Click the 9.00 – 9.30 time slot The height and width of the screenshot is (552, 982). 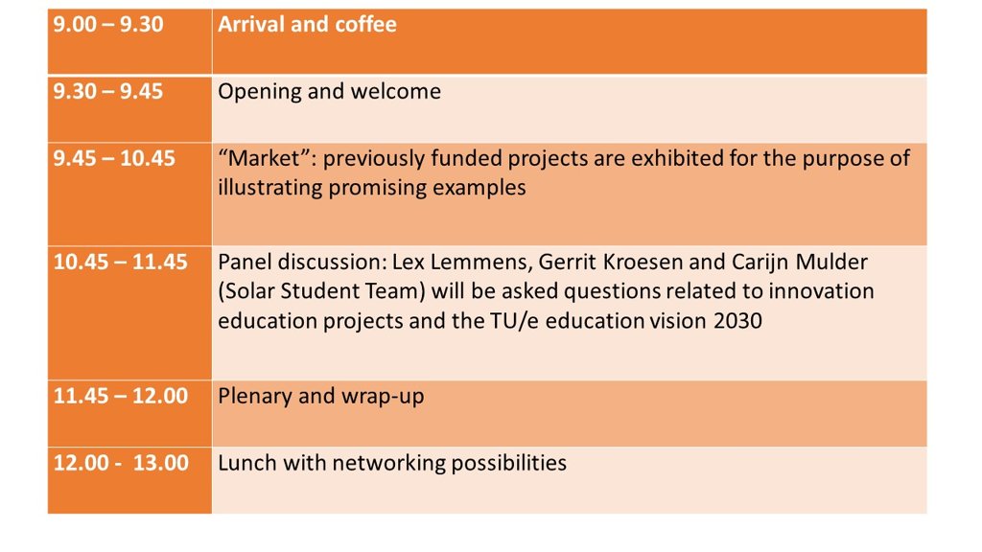pyautogui.click(x=107, y=24)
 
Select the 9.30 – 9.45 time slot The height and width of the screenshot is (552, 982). pyautogui.click(x=107, y=91)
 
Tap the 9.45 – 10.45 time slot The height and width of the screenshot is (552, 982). pyautogui.click(x=114, y=158)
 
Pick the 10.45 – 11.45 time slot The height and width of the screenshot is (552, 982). pyautogui.click(x=120, y=262)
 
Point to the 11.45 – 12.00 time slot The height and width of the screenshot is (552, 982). pyautogui.click(x=120, y=396)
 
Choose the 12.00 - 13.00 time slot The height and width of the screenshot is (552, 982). pyautogui.click(x=121, y=463)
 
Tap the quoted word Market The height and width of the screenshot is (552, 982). pyautogui.click(x=265, y=158)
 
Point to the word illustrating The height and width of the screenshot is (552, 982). pyautogui.click(x=269, y=188)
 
